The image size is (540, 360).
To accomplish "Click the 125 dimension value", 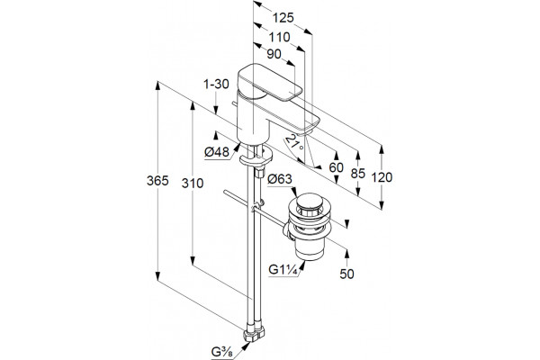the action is [x=283, y=18].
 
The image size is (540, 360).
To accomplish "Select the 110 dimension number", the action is [x=279, y=37].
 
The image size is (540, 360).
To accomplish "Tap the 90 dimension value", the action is [x=274, y=54].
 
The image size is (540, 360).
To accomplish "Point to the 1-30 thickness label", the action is [x=216, y=84].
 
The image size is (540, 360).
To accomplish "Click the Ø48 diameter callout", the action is [x=217, y=151].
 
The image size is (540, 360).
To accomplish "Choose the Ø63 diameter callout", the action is [x=280, y=179].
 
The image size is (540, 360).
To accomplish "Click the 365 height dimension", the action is [x=157, y=181].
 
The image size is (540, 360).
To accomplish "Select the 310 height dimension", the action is [x=193, y=184].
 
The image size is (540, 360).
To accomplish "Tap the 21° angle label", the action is [x=294, y=143].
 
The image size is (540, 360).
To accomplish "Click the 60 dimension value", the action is [x=336, y=167].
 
